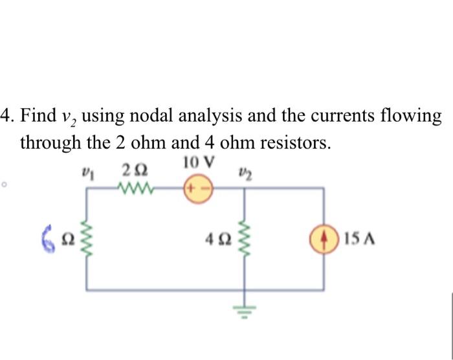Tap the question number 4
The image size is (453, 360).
6,117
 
